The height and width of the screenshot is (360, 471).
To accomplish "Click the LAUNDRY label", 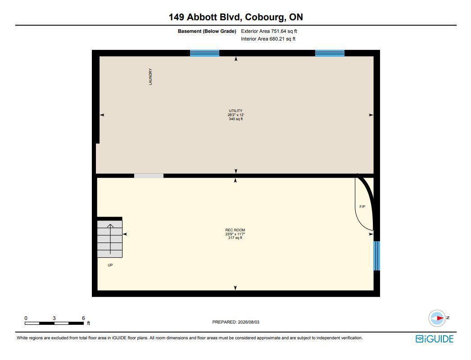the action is tap(150, 76).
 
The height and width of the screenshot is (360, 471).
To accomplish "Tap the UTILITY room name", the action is tap(235, 111).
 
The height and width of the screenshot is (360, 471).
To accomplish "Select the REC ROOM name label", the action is tap(235, 230).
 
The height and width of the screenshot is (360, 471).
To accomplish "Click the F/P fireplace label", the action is tap(362, 207).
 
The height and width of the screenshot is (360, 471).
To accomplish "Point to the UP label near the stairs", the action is tap(110, 265).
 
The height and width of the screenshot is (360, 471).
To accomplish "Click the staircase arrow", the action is tap(110, 239).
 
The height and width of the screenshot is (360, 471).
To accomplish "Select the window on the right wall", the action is tap(377, 256).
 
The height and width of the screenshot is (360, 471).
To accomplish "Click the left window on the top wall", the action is tap(204, 53).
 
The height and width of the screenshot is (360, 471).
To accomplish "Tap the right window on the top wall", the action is tap(330, 53).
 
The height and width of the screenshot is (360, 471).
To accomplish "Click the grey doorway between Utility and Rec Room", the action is tap(149, 175).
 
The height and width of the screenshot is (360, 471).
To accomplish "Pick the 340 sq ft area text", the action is tap(235, 119).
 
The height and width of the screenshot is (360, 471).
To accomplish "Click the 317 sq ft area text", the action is tap(235, 238).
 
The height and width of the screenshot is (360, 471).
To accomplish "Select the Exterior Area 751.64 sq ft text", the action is tap(269, 31).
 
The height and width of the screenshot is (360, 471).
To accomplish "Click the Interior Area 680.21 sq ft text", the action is tap(268, 39).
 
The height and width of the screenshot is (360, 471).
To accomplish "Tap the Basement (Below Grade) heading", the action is tap(207, 31).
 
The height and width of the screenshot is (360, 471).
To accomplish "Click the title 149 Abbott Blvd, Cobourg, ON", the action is tap(236, 17).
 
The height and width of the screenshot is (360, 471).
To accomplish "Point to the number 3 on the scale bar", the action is tap(54, 318).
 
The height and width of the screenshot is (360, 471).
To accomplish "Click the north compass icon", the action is tap(437, 318).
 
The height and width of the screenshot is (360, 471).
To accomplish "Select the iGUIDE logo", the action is tap(435, 339).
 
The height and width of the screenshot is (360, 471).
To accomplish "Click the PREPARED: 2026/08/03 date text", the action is tap(236, 322).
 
